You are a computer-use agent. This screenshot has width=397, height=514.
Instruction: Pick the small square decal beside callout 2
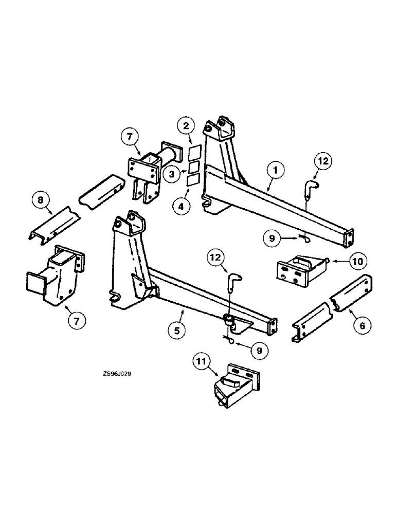193,154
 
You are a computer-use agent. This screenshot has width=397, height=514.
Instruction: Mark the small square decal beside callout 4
193,179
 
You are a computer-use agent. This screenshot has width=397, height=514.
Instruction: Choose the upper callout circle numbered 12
324,161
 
